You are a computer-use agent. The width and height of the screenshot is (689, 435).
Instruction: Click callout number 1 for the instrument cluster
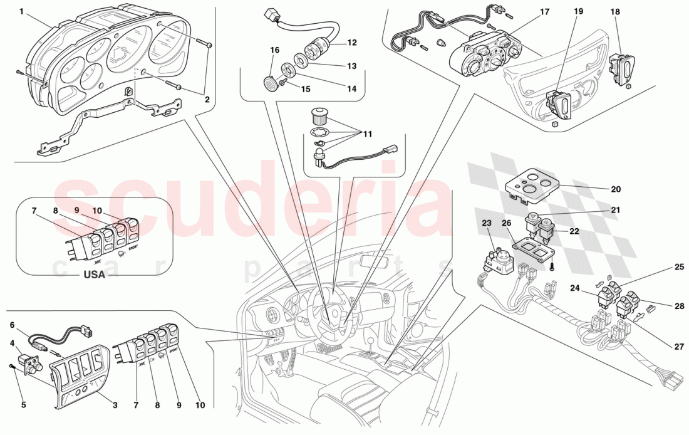pos(22,11)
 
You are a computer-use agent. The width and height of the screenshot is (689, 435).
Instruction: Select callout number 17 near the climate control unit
pos(544,11)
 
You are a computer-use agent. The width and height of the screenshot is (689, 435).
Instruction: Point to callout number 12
pos(351,43)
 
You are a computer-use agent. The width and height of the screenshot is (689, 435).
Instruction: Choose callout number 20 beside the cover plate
pos(616,189)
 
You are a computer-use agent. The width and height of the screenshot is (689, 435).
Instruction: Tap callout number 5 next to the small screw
pos(23,405)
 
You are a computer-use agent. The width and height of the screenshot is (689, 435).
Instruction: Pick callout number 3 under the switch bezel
pos(115,405)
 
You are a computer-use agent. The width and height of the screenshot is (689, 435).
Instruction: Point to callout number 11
pos(367,134)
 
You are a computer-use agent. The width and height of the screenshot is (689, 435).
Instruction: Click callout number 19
pos(578,11)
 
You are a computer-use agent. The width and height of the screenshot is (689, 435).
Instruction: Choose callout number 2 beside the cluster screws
pos(207,99)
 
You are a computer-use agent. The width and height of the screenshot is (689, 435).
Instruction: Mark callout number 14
pos(351,89)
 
